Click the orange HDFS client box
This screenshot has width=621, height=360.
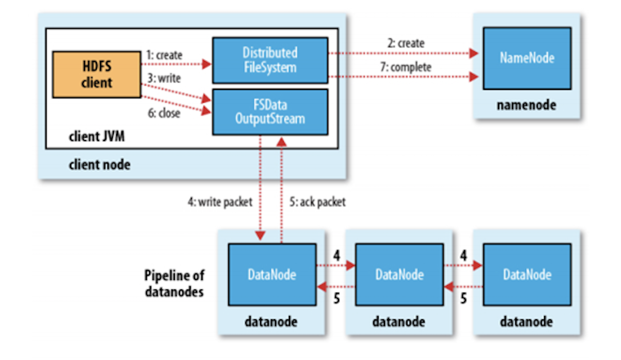97,74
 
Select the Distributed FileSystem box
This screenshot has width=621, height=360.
270,60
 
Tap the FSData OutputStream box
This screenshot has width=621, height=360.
270,112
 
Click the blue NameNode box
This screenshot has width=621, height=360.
527,58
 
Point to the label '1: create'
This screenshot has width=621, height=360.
164,55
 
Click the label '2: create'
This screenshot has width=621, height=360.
406,43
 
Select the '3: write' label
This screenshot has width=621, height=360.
164,78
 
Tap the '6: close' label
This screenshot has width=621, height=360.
164,113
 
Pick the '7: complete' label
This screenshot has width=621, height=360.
406,67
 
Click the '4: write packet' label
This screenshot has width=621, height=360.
220,202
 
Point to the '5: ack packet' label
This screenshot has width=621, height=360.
318,202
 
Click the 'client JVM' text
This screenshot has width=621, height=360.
97,136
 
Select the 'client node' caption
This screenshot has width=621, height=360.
100,165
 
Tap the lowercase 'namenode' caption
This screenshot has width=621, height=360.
526,105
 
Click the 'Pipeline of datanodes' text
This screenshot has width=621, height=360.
175,283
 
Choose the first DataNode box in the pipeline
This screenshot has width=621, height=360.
272,275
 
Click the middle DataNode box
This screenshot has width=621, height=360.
399,275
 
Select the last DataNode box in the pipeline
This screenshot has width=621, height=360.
527,275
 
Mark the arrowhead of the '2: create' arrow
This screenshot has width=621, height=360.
474,53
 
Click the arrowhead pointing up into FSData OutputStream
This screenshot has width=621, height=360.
282,142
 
